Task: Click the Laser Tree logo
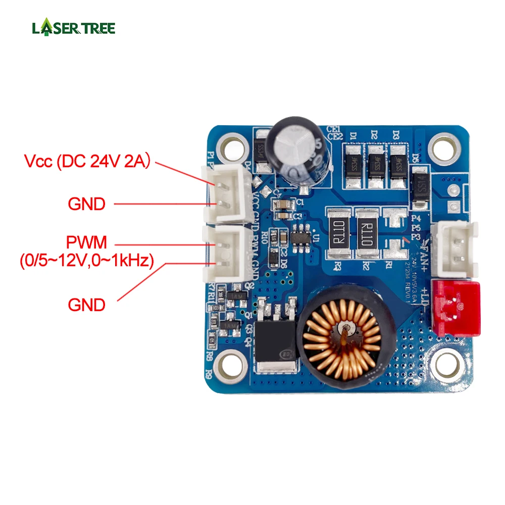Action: coord(74,27)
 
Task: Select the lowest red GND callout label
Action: coord(86,305)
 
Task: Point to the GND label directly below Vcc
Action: coord(86,204)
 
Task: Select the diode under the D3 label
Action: coord(398,163)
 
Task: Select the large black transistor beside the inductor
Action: coord(276,343)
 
